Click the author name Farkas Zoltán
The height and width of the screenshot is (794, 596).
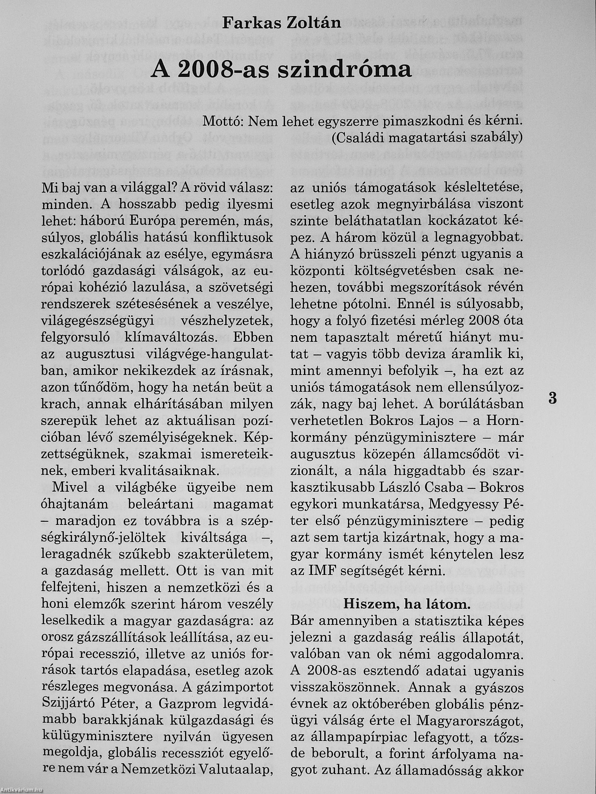tap(281, 23)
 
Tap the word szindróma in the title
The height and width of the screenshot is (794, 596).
tap(345, 70)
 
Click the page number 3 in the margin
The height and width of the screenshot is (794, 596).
tap(553, 399)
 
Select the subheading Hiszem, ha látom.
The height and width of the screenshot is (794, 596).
tap(407, 605)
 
